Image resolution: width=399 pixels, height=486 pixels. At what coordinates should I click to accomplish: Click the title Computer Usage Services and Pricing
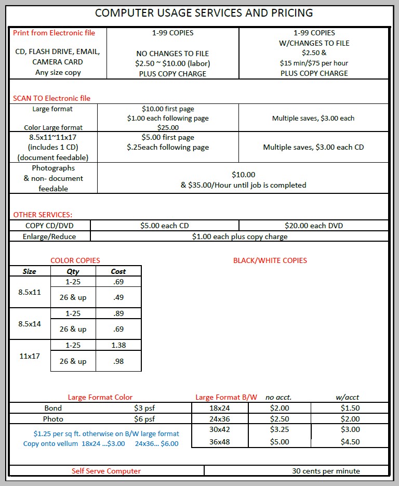pos(204,12)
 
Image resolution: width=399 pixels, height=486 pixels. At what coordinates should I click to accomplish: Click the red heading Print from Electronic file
pos(54,33)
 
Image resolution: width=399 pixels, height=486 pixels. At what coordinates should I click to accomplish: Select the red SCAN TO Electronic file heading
pos(51,98)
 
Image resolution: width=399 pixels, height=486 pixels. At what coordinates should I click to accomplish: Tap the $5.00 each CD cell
pos(165,226)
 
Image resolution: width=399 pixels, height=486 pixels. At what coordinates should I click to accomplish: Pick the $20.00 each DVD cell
pos(314,226)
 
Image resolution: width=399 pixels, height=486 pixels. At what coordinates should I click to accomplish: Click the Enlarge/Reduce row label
pos(49,237)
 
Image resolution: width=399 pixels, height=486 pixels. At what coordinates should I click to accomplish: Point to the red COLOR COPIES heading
pos(75,260)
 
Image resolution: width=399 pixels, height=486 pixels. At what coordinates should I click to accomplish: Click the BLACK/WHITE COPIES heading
pos(270,260)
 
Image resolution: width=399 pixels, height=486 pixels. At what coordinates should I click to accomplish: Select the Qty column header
pos(73,271)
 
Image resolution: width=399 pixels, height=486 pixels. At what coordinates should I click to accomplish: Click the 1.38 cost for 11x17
pos(118,345)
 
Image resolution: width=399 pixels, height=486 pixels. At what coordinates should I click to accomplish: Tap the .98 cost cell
pos(118,361)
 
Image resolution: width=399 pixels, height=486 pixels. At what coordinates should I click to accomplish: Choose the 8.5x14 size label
pos(30,324)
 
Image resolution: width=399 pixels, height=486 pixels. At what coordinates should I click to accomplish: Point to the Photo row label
pos(53,419)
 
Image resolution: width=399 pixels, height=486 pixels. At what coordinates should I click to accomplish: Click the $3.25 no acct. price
pos(280,429)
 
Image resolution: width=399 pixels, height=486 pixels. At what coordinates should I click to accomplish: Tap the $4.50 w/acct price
pos(350,442)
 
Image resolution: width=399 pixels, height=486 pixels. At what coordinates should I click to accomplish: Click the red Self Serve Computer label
pos(106,471)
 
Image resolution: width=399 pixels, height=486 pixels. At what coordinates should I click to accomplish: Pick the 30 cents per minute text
pos(326,471)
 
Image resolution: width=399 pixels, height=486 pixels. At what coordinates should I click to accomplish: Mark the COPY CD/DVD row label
pos(49,226)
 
